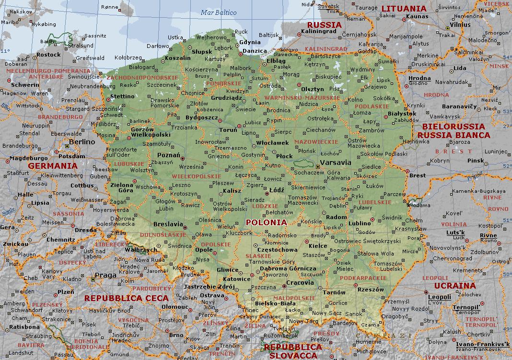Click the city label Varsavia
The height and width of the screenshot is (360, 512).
[335, 163]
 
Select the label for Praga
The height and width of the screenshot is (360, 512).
[106, 275]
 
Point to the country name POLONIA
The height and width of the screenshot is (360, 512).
[266, 222]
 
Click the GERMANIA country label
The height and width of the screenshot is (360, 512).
[53, 166]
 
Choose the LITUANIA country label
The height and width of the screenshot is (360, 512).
[403, 8]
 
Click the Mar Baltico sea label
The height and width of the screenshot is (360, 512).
[219, 13]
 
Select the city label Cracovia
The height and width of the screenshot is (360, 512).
[300, 283]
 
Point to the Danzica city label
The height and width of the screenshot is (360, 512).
[254, 51]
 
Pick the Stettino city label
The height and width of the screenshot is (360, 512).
[122, 96]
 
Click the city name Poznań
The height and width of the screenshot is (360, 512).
[168, 155]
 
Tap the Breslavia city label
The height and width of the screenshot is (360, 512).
[168, 224]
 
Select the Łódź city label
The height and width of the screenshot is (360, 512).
[277, 190]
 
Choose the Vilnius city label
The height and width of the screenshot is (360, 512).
[460, 24]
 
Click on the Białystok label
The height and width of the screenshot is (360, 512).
[402, 114]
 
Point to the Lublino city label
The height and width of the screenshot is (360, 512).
[360, 223]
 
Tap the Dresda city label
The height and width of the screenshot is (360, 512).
[86, 230]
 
